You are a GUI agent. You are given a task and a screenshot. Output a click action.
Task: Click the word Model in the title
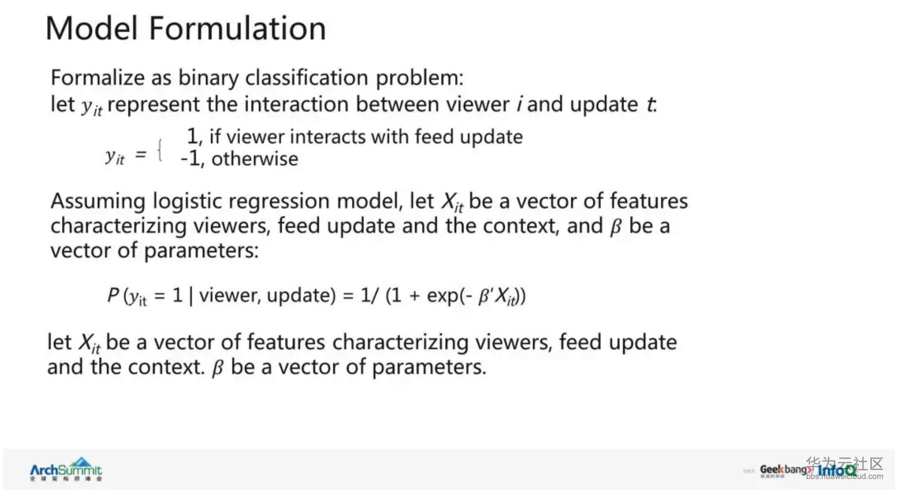coord(92,28)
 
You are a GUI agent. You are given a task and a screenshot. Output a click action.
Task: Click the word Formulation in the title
coord(238,28)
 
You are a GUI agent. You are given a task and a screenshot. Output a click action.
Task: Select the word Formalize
coord(98,77)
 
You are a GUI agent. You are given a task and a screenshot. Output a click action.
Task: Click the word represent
coord(153,105)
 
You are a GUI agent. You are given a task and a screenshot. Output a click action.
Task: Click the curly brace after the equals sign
coord(160,151)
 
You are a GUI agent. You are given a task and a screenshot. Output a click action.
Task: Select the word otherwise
coord(255,159)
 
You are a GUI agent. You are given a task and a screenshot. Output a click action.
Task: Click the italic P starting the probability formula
coord(113,295)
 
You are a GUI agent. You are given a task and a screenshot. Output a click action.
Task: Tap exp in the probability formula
coord(443,296)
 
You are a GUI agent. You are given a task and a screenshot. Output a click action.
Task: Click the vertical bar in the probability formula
coord(191,296)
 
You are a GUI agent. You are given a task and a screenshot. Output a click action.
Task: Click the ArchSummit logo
coord(66,469)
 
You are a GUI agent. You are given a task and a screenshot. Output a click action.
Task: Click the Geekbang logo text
coord(785,470)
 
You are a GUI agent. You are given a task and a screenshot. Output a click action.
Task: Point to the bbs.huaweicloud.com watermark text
coord(844,476)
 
